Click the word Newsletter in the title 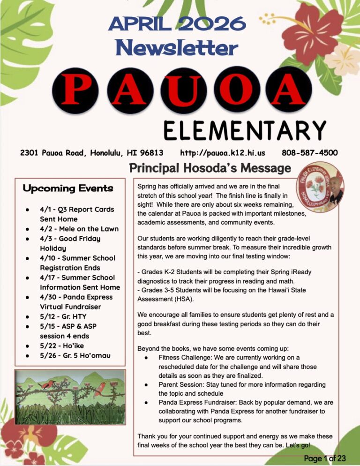click(x=177, y=47)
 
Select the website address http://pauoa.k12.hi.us click(x=223, y=153)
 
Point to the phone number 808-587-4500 click(x=309, y=153)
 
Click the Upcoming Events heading click(x=68, y=188)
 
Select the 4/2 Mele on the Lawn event click(x=79, y=229)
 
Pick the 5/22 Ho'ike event click(x=62, y=346)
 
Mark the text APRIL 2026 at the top click(x=177, y=23)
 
